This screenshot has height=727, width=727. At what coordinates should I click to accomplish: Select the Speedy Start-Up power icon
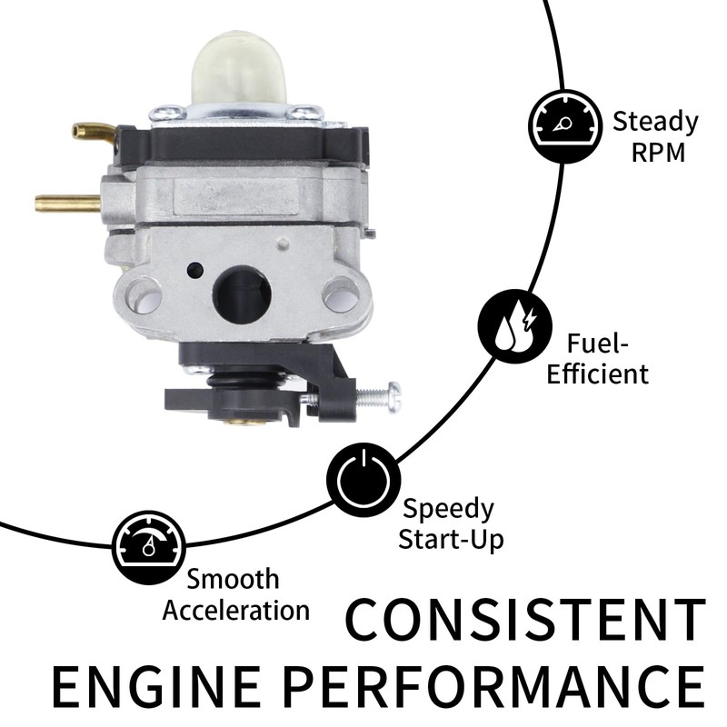pos(363,479)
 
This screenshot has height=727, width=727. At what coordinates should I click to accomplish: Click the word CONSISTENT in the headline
pos(525,620)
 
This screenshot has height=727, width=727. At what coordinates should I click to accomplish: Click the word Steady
pos(654,121)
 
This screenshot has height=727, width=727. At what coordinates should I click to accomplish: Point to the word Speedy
pos(448,508)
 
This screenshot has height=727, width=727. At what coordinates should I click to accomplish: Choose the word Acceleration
pos(236,609)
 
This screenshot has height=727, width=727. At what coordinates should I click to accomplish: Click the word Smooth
pos(234,579)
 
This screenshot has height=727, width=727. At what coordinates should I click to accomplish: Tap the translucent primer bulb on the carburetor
pos(239,67)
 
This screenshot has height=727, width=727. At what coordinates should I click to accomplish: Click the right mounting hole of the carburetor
pos(340,294)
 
